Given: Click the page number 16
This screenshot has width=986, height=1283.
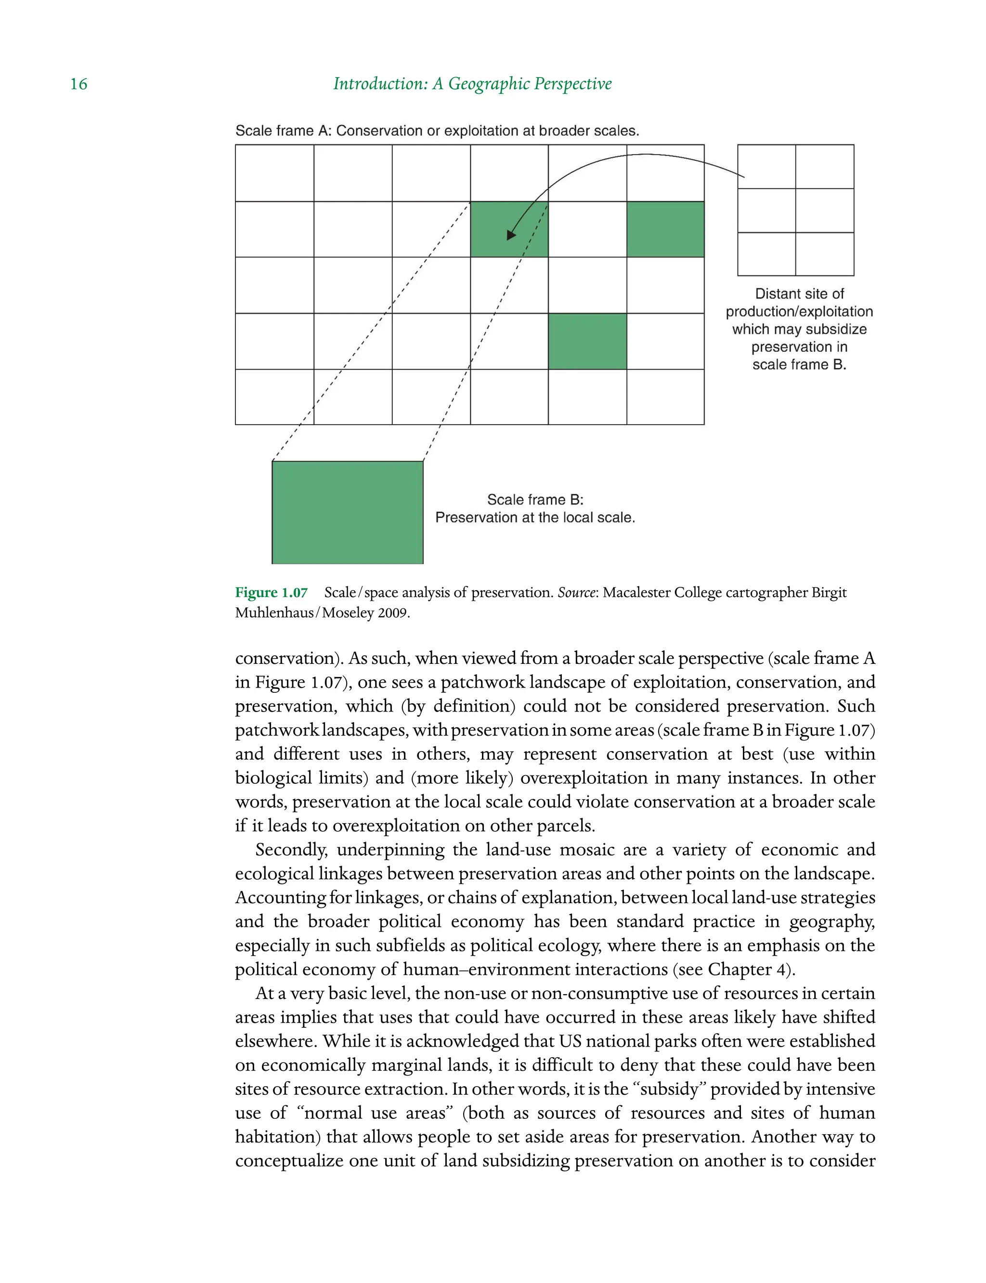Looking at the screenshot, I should (x=78, y=84).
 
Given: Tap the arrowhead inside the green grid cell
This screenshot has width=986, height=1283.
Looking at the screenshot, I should (x=511, y=235).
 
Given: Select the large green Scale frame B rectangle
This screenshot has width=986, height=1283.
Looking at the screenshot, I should (x=348, y=512).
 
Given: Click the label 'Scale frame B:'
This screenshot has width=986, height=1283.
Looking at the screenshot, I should (x=535, y=499).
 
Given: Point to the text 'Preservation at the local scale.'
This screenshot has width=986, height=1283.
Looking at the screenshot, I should (x=535, y=518).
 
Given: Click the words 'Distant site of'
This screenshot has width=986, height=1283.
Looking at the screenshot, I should (x=799, y=294).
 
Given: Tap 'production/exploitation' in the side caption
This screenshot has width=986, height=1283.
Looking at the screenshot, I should (x=799, y=311).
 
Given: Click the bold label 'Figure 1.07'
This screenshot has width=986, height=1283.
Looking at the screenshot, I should (x=271, y=593).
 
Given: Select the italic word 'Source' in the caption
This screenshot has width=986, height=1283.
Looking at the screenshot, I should (x=576, y=593).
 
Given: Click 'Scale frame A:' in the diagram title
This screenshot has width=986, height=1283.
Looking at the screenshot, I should (x=284, y=131).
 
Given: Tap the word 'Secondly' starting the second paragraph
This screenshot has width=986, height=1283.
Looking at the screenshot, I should (x=292, y=850).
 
